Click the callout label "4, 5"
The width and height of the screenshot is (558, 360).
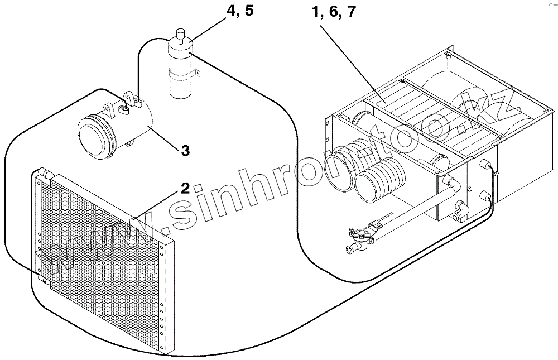coord(238,12)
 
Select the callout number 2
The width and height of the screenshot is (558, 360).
coord(184,188)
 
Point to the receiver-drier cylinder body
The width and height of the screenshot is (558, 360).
coord(180,73)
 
